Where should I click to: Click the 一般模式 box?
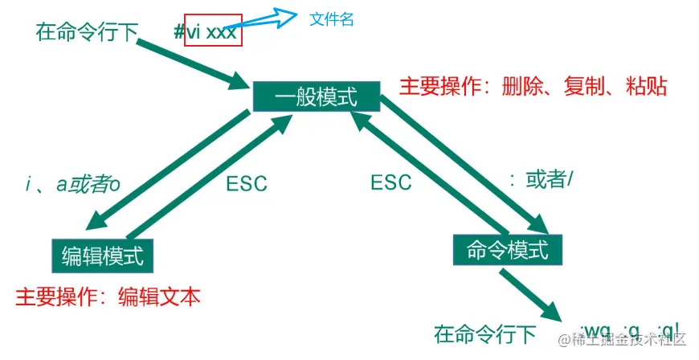point(316,97)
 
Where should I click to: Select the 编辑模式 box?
point(102,256)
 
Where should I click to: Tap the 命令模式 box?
point(507,249)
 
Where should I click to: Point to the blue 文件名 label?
point(332,19)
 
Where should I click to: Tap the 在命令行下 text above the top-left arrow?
point(88,33)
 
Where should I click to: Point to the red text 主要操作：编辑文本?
point(107,297)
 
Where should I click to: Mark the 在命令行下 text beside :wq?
point(484,333)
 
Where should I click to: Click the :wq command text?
point(595,332)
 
